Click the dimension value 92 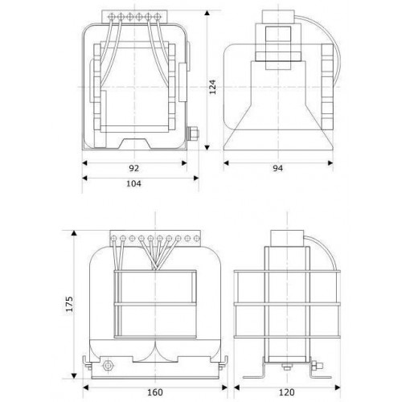134,168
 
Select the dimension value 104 133,183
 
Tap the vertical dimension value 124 212,87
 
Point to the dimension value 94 278,168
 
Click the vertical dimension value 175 69,304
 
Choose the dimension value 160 155,392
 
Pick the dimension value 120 287,392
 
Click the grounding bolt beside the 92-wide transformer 193,133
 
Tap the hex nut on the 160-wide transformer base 108,365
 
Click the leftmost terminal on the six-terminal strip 112,17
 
